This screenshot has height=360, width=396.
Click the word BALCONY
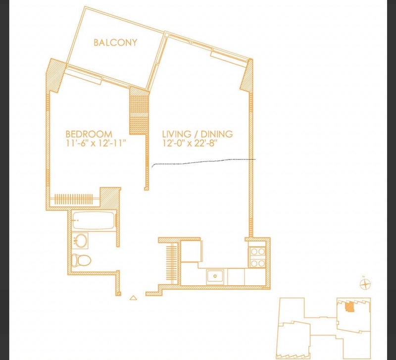(115, 42)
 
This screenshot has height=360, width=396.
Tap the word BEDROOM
(89, 134)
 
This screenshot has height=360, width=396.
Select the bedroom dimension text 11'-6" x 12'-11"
(96, 143)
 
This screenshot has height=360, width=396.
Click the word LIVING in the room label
(177, 134)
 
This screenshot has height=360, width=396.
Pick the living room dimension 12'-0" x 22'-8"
(190, 143)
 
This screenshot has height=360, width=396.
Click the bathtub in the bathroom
(94, 221)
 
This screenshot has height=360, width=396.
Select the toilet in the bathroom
(81, 260)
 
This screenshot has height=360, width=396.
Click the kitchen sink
(215, 276)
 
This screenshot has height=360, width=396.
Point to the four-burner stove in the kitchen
(257, 257)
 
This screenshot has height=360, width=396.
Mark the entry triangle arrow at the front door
(133, 298)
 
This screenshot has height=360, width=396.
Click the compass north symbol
(365, 284)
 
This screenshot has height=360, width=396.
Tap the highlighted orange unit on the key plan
(349, 308)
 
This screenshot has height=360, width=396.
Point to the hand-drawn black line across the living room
(204, 162)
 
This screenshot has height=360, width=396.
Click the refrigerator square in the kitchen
(192, 252)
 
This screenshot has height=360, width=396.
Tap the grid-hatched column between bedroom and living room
(139, 114)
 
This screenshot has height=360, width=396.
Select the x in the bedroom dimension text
(93, 144)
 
